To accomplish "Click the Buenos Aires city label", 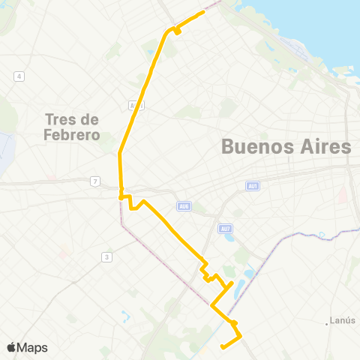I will click(286, 147).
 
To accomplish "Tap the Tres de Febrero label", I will click(73, 127).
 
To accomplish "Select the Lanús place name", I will click(343, 320).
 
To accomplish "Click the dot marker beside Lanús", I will click(327, 324).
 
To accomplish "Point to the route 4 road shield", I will click(19, 76).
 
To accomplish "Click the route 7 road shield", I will click(94, 181).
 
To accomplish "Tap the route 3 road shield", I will click(107, 257).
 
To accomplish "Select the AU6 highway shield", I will click(183, 206).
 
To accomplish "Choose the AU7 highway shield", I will click(225, 229).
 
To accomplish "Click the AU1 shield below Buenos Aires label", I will click(252, 186).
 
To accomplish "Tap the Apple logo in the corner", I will click(12, 347).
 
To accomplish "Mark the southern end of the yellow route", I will click(222, 346).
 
